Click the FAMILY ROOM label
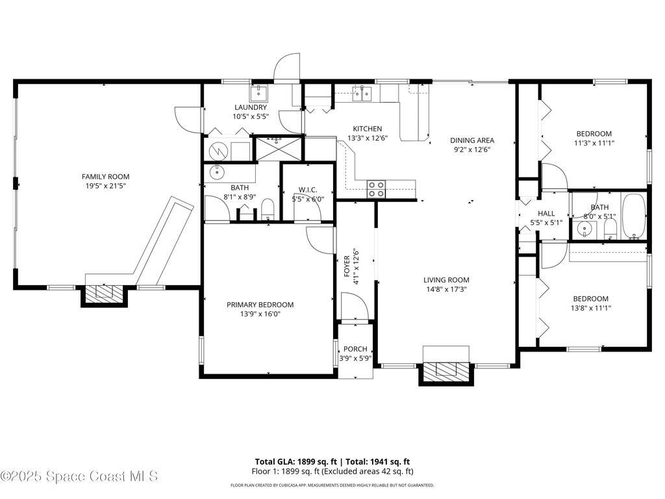[x=106, y=177]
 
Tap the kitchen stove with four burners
[x=376, y=189]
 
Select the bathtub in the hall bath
[x=634, y=216]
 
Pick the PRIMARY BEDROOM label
[x=260, y=305]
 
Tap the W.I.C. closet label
[x=307, y=190]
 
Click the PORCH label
[x=355, y=349]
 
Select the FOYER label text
[x=347, y=266]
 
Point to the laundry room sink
[x=258, y=92]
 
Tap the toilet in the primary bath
[x=268, y=209]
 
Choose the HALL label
[x=546, y=213]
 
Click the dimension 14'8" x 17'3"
[x=447, y=289]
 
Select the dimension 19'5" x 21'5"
[x=106, y=186]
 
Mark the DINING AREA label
[x=472, y=140]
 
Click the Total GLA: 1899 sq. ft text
[x=296, y=462]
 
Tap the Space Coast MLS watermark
[x=79, y=476]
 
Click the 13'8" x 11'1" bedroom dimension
[x=591, y=308]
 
